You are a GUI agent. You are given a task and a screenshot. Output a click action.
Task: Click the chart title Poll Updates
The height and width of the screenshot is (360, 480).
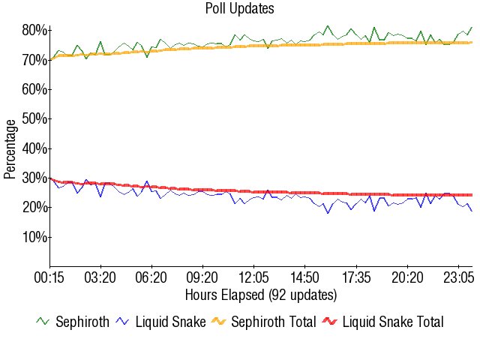tap(240, 9)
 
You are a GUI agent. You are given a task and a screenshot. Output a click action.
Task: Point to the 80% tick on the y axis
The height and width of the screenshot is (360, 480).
tap(35, 30)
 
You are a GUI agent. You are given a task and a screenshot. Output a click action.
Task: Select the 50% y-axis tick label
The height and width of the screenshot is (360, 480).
tap(35, 118)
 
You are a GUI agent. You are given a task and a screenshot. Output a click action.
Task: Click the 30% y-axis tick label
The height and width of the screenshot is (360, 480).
tap(35, 178)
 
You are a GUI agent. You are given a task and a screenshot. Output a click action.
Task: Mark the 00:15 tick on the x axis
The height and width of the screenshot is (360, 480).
tap(50, 277)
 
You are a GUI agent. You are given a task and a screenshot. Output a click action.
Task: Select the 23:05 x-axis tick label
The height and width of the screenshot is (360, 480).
tap(457, 277)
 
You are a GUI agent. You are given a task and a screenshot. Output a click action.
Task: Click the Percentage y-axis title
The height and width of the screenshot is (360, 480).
tap(10, 148)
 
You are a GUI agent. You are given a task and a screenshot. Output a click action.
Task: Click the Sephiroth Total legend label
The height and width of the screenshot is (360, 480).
tap(274, 322)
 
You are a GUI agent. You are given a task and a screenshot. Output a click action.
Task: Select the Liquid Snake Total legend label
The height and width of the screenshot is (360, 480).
tap(393, 322)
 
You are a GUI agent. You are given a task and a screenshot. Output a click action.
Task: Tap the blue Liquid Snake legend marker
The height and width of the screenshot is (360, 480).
tap(124, 322)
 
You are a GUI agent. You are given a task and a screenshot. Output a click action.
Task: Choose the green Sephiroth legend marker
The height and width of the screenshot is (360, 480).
tap(43, 322)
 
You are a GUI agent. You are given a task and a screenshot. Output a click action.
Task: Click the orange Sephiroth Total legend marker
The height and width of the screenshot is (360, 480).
tap(219, 322)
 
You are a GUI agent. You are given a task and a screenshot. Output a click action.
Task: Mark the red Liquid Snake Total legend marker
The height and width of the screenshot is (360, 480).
tap(330, 322)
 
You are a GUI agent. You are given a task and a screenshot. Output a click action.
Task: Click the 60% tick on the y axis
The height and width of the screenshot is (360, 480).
tap(35, 89)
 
